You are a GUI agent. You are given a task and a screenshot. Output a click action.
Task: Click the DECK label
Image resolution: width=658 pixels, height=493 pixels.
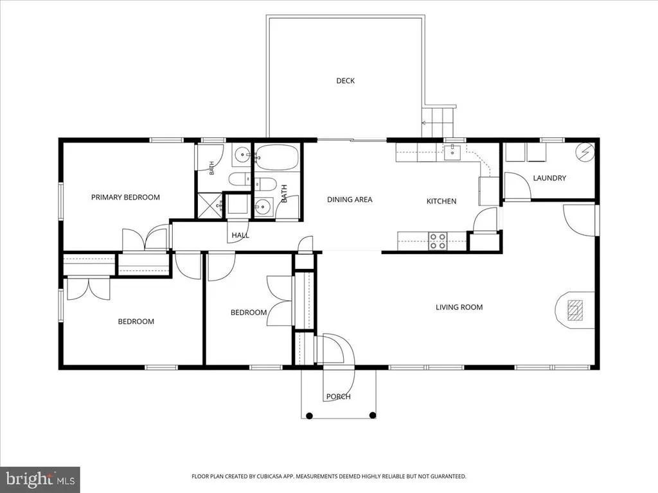(x=345, y=80)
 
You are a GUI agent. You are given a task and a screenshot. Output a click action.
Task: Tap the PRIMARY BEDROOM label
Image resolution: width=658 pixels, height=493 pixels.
(x=125, y=197)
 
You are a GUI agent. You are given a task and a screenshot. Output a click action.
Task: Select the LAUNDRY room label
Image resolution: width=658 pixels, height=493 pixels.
(x=549, y=178)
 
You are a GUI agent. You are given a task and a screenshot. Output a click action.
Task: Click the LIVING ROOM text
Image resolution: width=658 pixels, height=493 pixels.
(x=459, y=307)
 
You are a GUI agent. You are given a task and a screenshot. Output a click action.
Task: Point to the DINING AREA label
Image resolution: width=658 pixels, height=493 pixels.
(x=350, y=200)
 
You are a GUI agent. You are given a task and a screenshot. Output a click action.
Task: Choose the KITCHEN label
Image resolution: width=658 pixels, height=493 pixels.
(x=441, y=201)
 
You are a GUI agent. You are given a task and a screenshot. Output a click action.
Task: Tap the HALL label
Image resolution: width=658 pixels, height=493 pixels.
(x=240, y=235)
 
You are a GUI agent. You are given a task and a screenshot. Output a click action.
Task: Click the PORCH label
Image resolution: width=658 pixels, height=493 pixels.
(x=338, y=397)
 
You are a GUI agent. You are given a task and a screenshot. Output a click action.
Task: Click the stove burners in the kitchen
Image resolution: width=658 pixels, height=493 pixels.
(x=438, y=241)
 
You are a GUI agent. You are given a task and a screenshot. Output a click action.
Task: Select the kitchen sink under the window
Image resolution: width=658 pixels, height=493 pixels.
(x=452, y=152)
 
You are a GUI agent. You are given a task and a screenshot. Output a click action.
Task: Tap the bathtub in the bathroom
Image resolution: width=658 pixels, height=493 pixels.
(x=276, y=157)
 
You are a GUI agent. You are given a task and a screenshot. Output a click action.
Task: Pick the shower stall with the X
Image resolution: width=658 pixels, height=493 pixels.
(x=209, y=205)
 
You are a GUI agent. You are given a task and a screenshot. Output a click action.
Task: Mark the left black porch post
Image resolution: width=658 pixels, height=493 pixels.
(x=309, y=416)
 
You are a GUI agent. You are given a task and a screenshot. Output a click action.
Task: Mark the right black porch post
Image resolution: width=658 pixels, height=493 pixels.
(x=372, y=415)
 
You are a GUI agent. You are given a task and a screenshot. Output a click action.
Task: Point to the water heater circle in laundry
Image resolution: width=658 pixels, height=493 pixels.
(x=585, y=151)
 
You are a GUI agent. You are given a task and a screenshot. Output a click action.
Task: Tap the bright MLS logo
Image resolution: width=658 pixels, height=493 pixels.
(x=40, y=479)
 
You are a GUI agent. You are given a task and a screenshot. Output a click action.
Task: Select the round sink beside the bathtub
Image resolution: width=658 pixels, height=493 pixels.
(x=242, y=155)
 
